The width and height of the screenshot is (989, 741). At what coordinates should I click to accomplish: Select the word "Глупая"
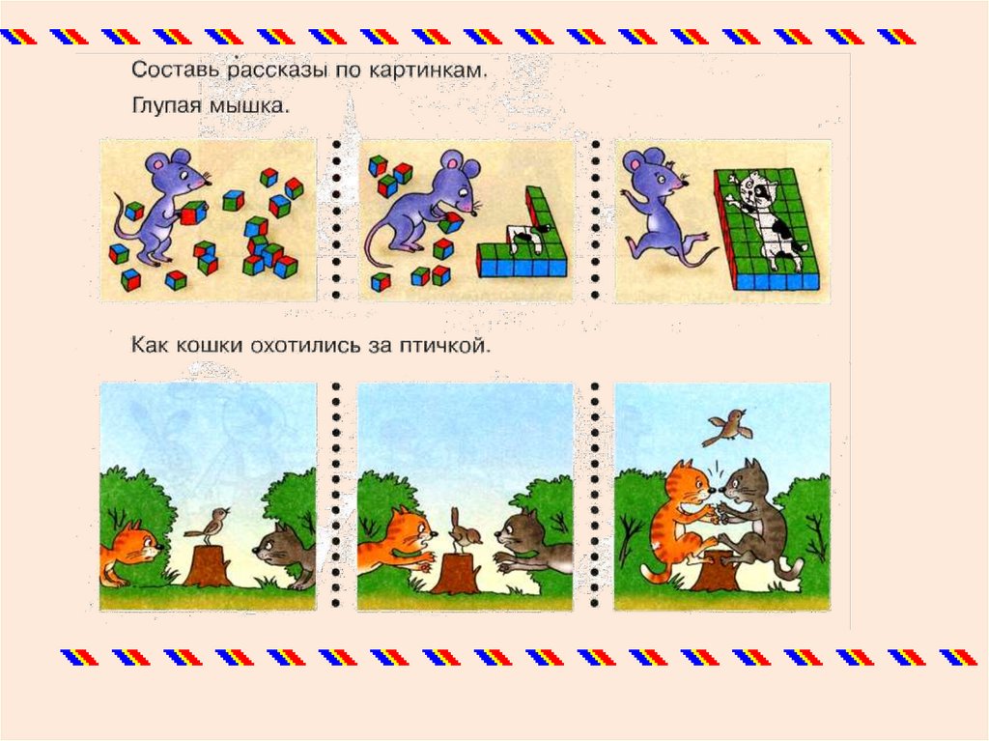click(x=166, y=104)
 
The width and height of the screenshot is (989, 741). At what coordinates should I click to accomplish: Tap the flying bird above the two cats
click(x=730, y=426)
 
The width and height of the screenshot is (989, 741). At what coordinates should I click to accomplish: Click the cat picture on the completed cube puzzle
click(x=766, y=214)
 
